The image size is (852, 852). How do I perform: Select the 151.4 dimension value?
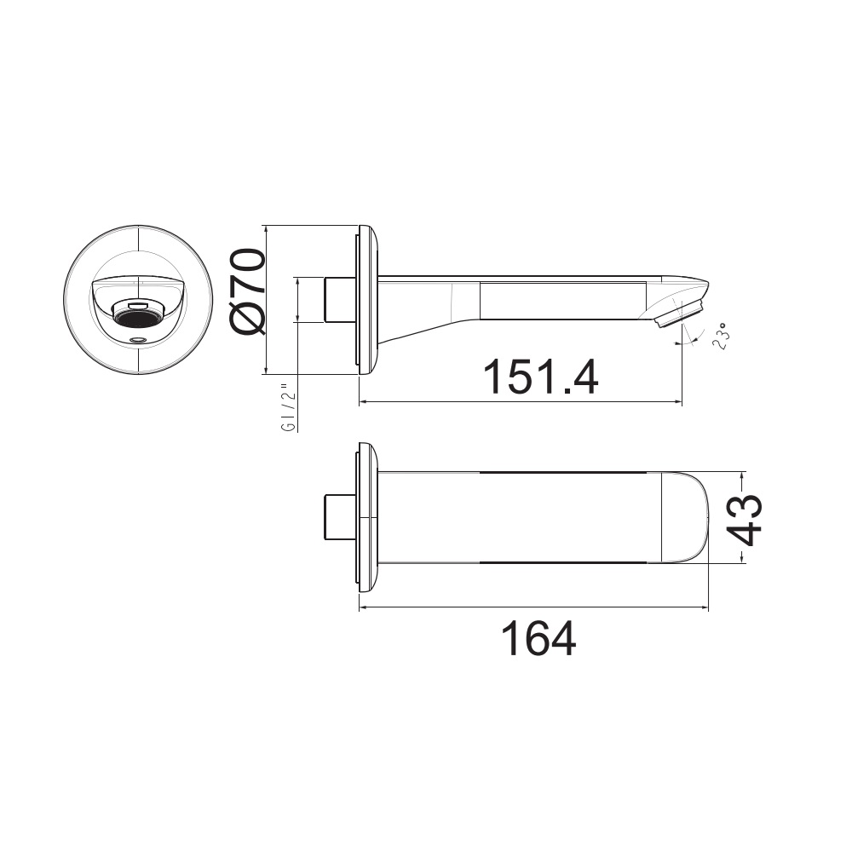(540, 377)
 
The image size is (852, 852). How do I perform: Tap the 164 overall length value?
(537, 638)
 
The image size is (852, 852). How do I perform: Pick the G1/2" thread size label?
(290, 410)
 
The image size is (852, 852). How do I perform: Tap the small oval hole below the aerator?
(136, 339)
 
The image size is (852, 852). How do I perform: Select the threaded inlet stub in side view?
(340, 300)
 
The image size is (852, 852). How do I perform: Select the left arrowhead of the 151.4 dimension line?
(363, 401)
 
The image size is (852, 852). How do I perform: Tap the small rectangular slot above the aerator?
(136, 304)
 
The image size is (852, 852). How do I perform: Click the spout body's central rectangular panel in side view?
(562, 300)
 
